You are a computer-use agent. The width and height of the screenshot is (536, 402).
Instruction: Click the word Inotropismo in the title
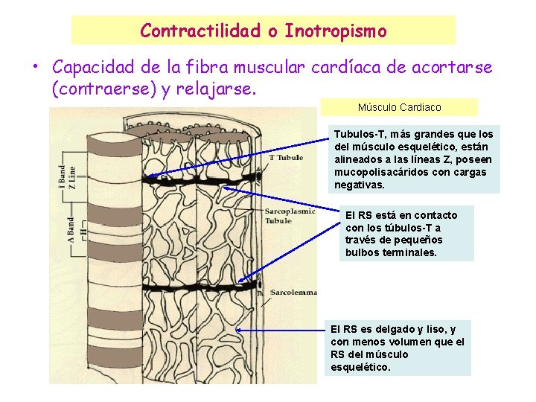[336, 31]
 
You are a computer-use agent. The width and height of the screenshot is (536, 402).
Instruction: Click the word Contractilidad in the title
[199, 31]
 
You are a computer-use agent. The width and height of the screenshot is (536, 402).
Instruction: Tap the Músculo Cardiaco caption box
[399, 107]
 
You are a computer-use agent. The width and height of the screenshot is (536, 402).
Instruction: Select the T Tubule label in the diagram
[286, 158]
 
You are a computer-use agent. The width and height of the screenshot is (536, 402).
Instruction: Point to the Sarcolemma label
[295, 291]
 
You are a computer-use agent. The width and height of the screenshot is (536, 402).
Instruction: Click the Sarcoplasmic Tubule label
[290, 216]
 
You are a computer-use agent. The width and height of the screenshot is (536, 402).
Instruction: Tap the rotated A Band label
[69, 225]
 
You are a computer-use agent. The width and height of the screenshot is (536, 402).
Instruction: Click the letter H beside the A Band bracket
[83, 231]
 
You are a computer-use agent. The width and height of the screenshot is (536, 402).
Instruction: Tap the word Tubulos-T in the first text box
[360, 134]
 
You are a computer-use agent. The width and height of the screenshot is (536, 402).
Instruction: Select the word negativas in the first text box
[360, 185]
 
